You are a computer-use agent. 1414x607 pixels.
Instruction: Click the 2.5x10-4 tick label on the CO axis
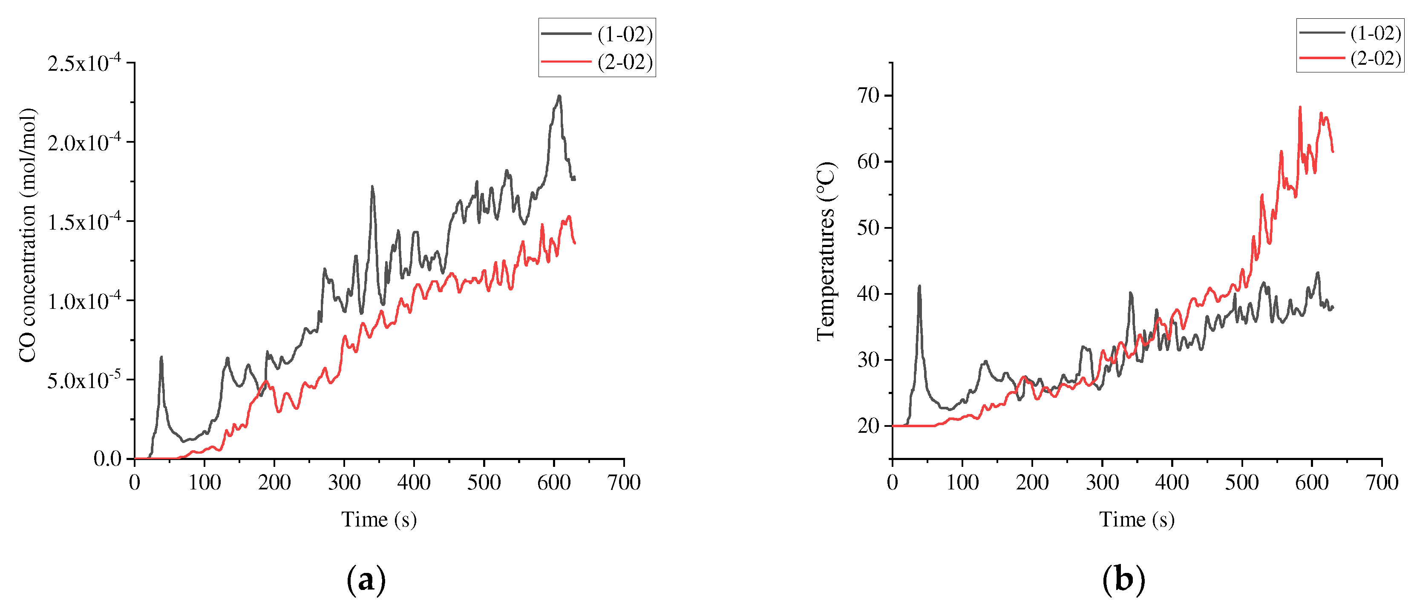tap(85, 63)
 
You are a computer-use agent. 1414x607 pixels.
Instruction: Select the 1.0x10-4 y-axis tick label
tap(85, 301)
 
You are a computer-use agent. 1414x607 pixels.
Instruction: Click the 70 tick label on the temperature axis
tap(868, 95)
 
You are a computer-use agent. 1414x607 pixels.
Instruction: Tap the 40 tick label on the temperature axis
tap(868, 293)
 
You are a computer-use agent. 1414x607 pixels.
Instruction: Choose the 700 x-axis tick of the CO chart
tap(624, 483)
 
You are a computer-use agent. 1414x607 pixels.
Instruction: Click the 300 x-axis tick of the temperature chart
tap(1102, 483)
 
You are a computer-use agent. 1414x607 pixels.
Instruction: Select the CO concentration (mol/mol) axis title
tap(27, 235)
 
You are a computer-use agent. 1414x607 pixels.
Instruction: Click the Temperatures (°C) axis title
tap(825, 251)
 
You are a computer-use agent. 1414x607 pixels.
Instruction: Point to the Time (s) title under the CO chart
tap(379, 519)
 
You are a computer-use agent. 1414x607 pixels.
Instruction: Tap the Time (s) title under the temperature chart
tap(1137, 519)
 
